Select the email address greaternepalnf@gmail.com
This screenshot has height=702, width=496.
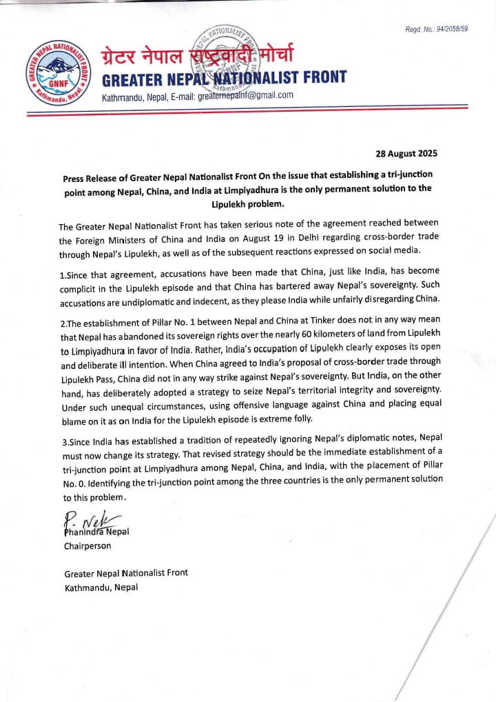[246, 96]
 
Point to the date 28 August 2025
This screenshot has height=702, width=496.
[406, 153]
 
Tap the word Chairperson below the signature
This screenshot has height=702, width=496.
[87, 545]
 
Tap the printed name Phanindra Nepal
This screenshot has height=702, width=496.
[96, 532]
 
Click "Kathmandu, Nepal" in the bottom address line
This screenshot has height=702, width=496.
[101, 588]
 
